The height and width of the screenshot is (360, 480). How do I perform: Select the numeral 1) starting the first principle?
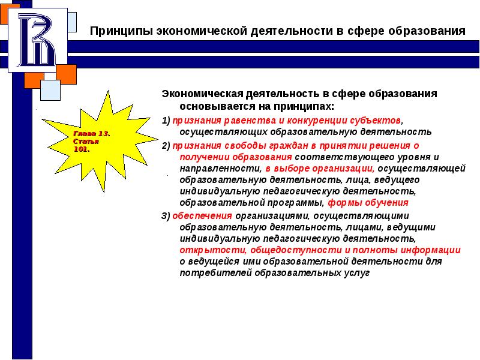tap(165, 119)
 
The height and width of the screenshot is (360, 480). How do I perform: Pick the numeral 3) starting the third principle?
tap(166, 216)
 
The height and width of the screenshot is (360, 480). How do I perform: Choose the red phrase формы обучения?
tap(368, 203)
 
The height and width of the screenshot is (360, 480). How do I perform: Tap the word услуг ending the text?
tap(358, 272)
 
